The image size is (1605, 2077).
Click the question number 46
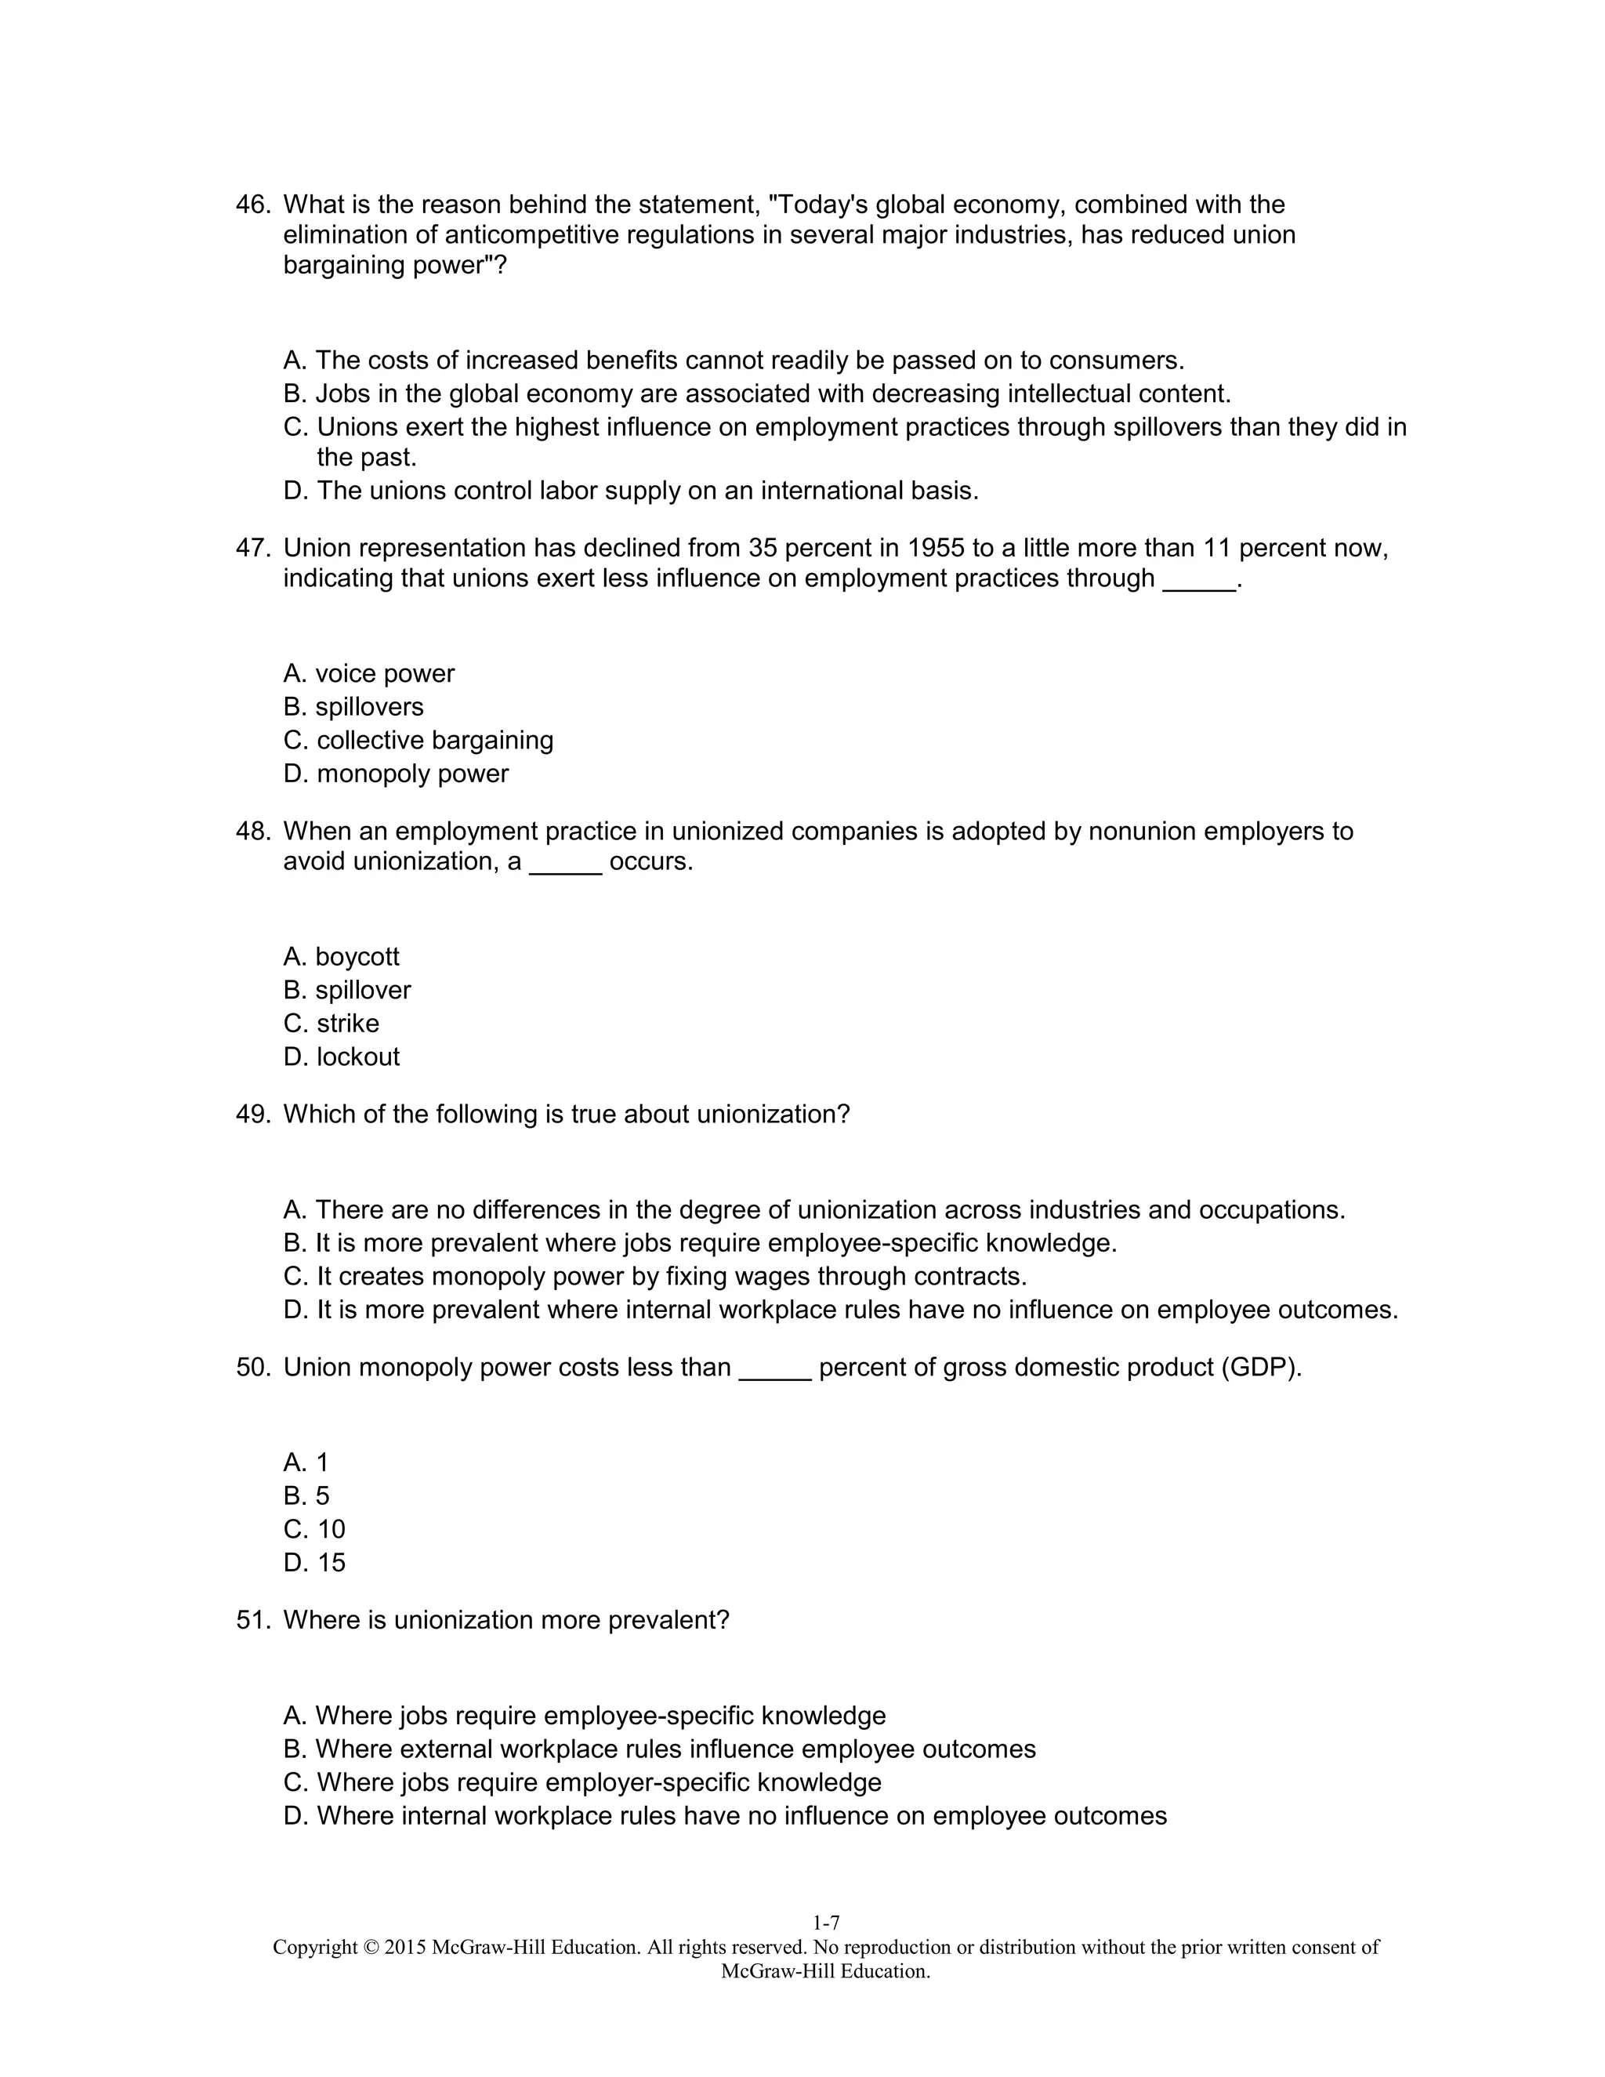(252, 205)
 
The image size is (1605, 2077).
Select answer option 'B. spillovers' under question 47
(353, 707)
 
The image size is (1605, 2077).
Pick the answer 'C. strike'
(331, 1024)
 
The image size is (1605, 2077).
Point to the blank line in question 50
(775, 1368)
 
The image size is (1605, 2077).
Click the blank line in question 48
(566, 861)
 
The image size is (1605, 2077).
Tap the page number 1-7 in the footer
(825, 1923)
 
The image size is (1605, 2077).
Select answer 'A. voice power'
(369, 673)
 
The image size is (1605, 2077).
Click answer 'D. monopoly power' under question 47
(396, 773)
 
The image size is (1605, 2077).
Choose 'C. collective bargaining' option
(418, 740)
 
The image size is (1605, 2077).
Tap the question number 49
(252, 1115)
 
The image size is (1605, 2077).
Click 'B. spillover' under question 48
(346, 990)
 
